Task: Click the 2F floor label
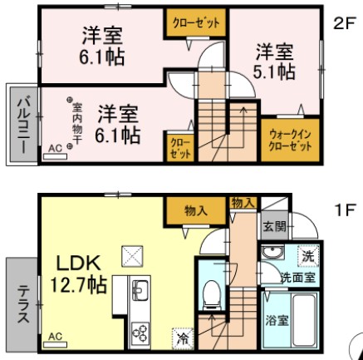(344, 23)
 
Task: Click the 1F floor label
(344, 210)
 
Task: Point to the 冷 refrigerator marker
(181, 338)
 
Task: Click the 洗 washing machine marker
(307, 256)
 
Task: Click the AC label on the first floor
(55, 337)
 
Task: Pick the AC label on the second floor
(54, 149)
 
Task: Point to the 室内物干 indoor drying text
(76, 121)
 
